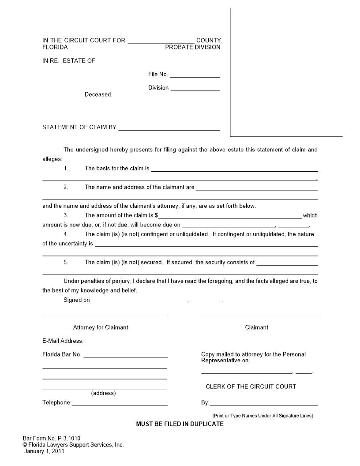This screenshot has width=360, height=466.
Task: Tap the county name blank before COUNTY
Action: (x=161, y=42)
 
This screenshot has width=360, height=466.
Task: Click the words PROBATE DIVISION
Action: (x=193, y=47)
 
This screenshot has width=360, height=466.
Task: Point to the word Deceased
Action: (x=98, y=94)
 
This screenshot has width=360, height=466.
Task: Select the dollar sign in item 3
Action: (x=156, y=215)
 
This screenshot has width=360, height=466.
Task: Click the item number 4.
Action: (x=66, y=234)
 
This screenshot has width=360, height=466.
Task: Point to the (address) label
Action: (x=103, y=393)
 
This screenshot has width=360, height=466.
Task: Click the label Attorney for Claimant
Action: (x=101, y=327)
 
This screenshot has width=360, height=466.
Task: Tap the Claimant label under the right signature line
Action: (x=256, y=327)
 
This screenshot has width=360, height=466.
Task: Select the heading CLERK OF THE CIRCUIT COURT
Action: (x=251, y=387)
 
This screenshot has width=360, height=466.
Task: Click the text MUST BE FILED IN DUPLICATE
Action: (x=180, y=424)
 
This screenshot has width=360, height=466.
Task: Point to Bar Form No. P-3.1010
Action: (x=52, y=439)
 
